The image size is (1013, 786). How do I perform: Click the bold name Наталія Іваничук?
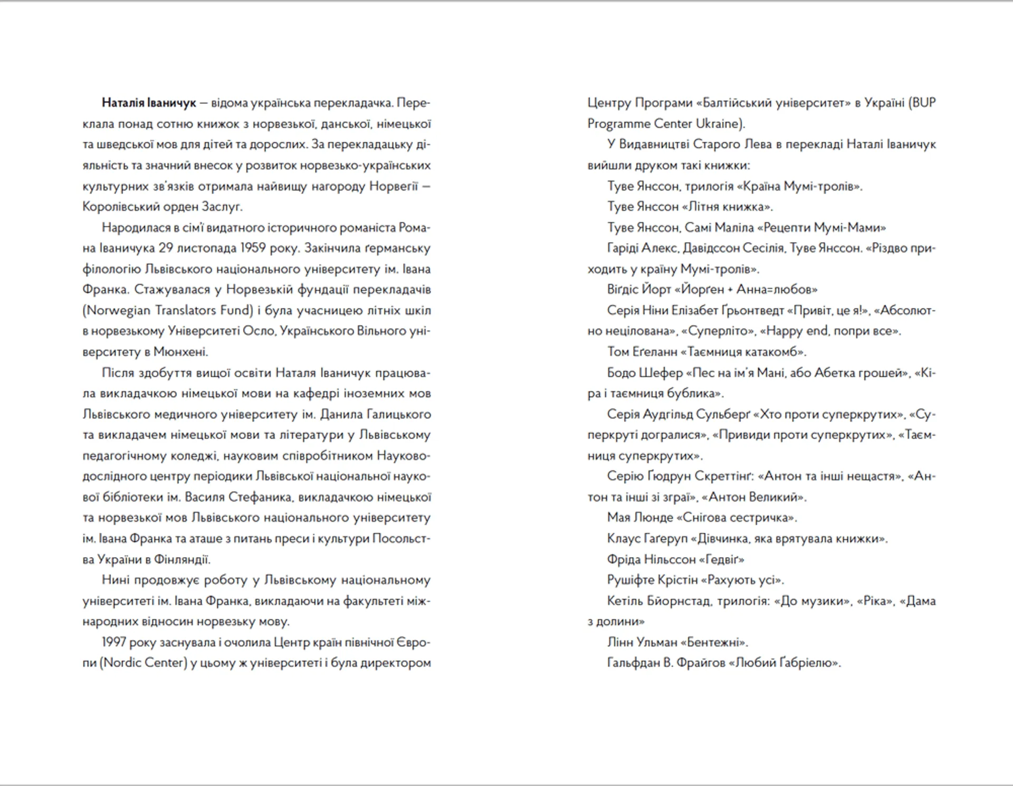tap(149, 103)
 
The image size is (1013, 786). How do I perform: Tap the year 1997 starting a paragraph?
tap(114, 642)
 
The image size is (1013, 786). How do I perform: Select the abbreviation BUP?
tap(923, 103)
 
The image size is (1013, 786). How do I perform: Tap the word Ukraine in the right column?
tap(717, 123)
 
